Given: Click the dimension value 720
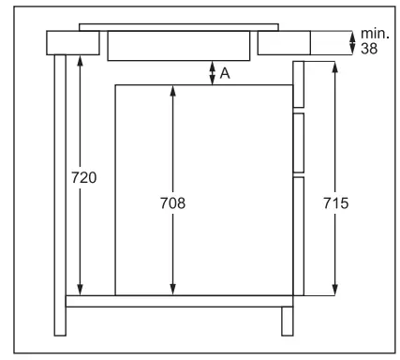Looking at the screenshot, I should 82,177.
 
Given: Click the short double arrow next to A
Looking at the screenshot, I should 213,73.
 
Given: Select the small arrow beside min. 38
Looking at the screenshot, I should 353,41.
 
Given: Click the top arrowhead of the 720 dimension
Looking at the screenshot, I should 81,58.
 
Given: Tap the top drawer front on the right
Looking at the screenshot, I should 299,84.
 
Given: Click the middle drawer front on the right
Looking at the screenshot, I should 299,142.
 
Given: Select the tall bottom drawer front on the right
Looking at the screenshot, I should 299,234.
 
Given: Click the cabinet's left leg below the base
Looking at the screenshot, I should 61,322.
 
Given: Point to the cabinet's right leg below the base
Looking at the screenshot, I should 287,322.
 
